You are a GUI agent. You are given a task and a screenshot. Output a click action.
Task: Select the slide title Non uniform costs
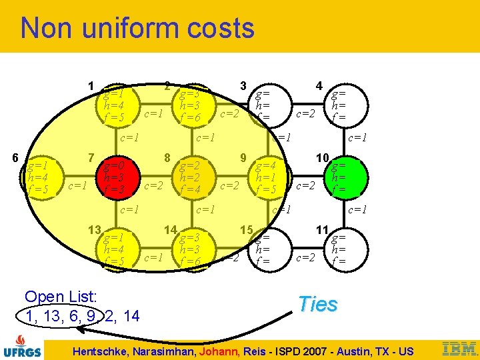137,28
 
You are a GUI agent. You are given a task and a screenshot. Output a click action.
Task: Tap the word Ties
318,304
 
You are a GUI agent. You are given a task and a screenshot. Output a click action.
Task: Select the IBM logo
459,348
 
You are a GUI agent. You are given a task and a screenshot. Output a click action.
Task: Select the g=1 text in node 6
37,165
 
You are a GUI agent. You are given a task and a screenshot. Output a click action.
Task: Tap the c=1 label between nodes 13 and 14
155,257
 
